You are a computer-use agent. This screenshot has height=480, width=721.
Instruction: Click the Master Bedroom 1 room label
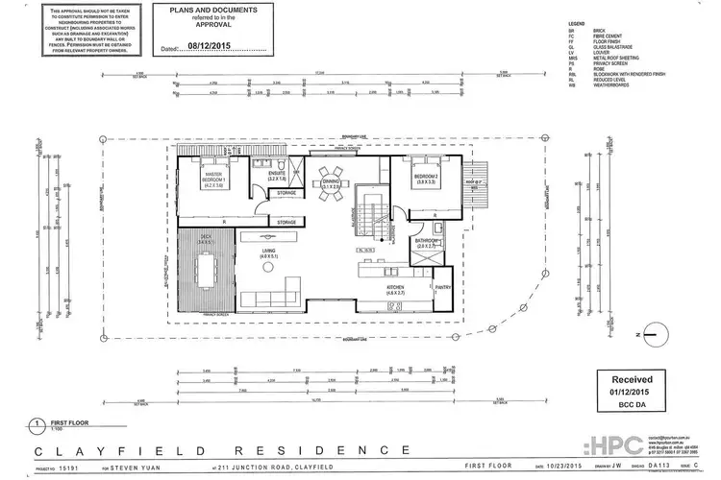(212, 180)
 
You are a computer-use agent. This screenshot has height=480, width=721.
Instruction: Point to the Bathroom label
(427, 244)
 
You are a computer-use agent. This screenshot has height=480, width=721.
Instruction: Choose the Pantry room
(443, 286)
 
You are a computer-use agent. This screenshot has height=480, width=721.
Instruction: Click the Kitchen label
(396, 287)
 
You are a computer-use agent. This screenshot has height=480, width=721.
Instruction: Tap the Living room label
(268, 254)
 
